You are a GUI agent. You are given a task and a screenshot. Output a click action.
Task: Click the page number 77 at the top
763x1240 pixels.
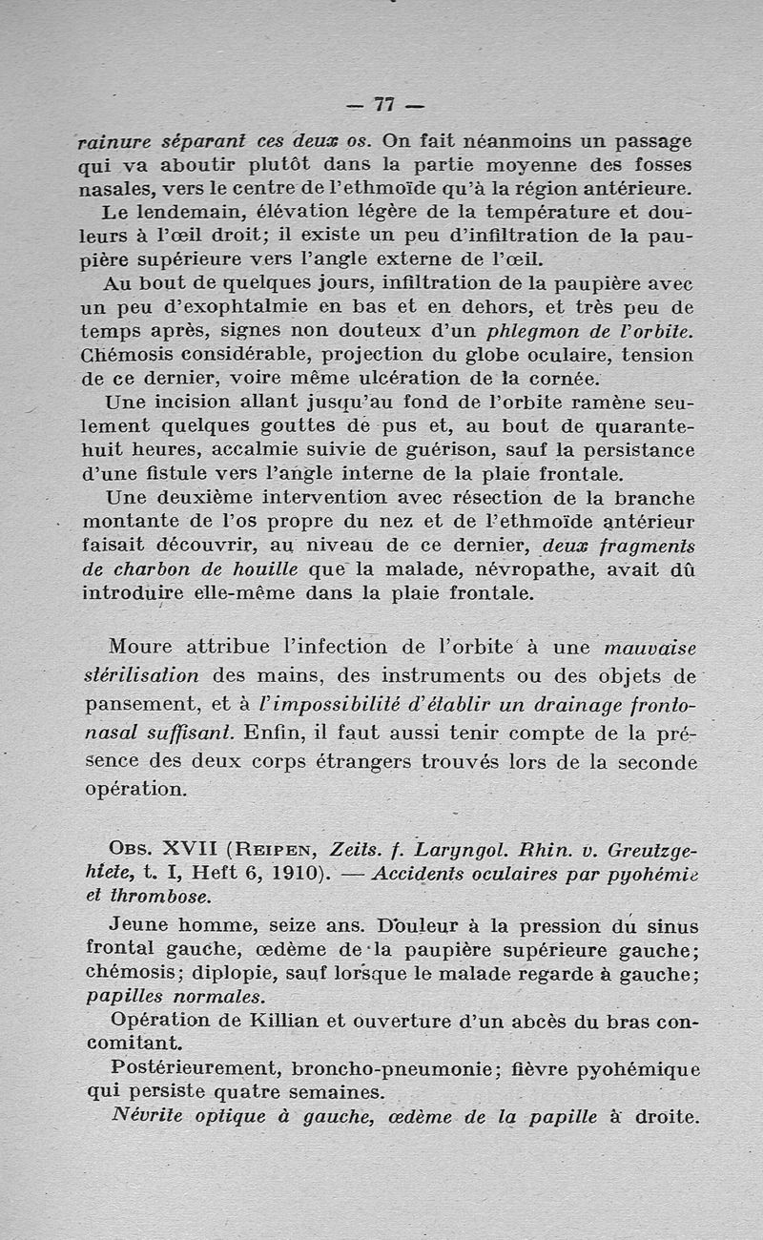[x=384, y=104]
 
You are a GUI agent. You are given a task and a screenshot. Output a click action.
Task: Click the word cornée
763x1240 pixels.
[x=565, y=379]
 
